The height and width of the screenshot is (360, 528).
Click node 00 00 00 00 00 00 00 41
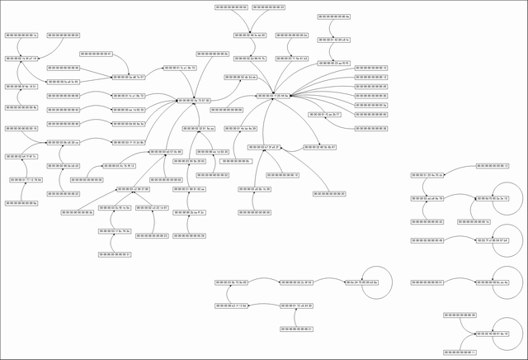pos(96,54)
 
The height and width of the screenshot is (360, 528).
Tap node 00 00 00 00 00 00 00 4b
pos(21,107)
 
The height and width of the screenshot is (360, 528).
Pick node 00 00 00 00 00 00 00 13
pos(499,166)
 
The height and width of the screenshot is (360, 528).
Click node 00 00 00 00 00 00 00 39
pos(460,315)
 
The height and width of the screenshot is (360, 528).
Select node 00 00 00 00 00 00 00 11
pos(460,353)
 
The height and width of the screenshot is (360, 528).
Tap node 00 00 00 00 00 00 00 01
pos(427,282)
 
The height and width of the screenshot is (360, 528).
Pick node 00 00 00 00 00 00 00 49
pos(427,240)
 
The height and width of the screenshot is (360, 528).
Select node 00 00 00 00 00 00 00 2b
pos(212,54)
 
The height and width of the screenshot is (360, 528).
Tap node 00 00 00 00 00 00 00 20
pos(328,193)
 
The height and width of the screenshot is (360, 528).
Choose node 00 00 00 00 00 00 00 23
pos(153,236)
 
